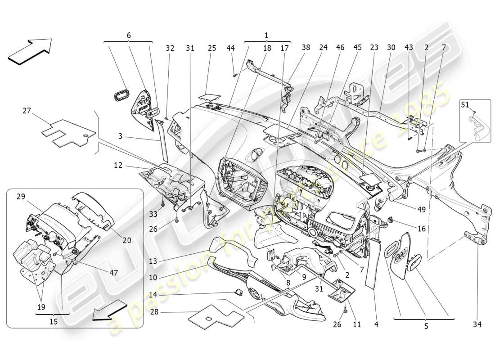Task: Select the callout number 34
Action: (477, 324)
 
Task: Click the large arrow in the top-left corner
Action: (30, 51)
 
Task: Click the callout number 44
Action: (231, 48)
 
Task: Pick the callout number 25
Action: (212, 48)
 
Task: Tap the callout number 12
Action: (118, 165)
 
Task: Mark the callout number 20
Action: (127, 240)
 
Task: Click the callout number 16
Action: (421, 229)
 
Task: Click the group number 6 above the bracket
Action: (129, 35)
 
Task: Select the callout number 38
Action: (306, 48)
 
